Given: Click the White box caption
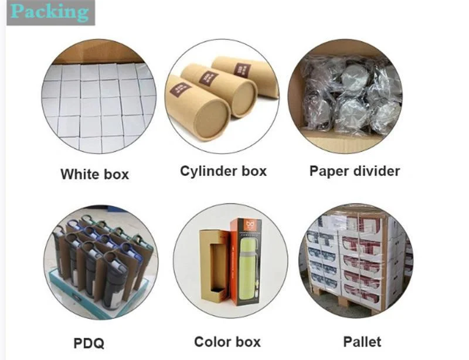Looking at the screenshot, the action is pos(94,174).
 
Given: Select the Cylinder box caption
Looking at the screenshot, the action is pos(223,171).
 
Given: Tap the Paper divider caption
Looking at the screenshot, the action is pos(355,171).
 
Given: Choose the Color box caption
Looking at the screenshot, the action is pos(227,342).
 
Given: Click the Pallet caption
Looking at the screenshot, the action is pos(362,341).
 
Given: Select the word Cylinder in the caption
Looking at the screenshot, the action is pos(205,171).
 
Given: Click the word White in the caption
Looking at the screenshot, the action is pos(77,174).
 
